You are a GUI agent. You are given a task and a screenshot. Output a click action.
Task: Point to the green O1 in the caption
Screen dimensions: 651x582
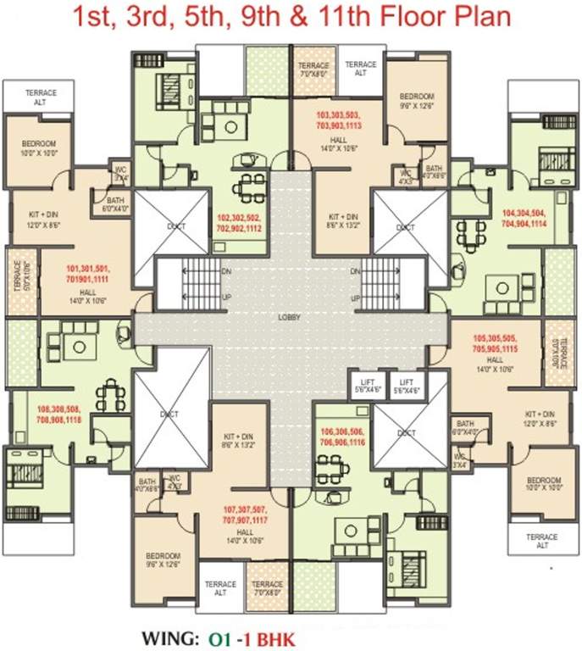(219, 636)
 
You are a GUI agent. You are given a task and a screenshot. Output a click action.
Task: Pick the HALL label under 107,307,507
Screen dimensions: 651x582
(245, 531)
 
